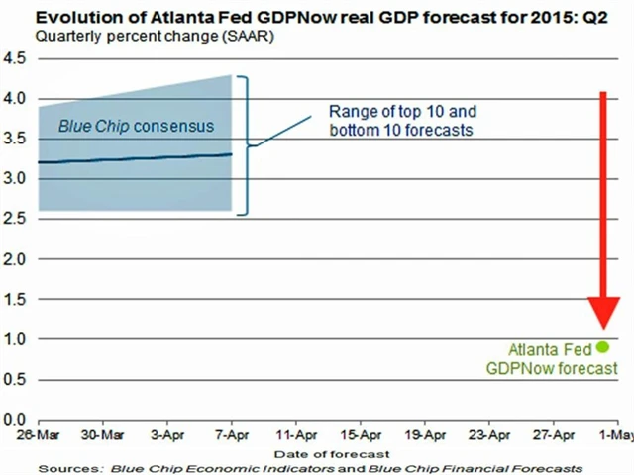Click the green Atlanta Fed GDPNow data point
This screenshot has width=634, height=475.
pyautogui.click(x=601, y=347)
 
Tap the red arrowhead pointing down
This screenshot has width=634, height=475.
pyautogui.click(x=601, y=314)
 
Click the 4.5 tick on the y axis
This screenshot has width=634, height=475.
pyautogui.click(x=15, y=57)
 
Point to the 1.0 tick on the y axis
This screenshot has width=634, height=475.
pyautogui.click(x=15, y=338)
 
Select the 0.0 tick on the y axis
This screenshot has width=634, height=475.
pyautogui.click(x=15, y=419)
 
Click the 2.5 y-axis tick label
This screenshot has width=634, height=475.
pyautogui.click(x=15, y=219)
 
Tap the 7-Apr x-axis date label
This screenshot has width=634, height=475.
pyautogui.click(x=230, y=435)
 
